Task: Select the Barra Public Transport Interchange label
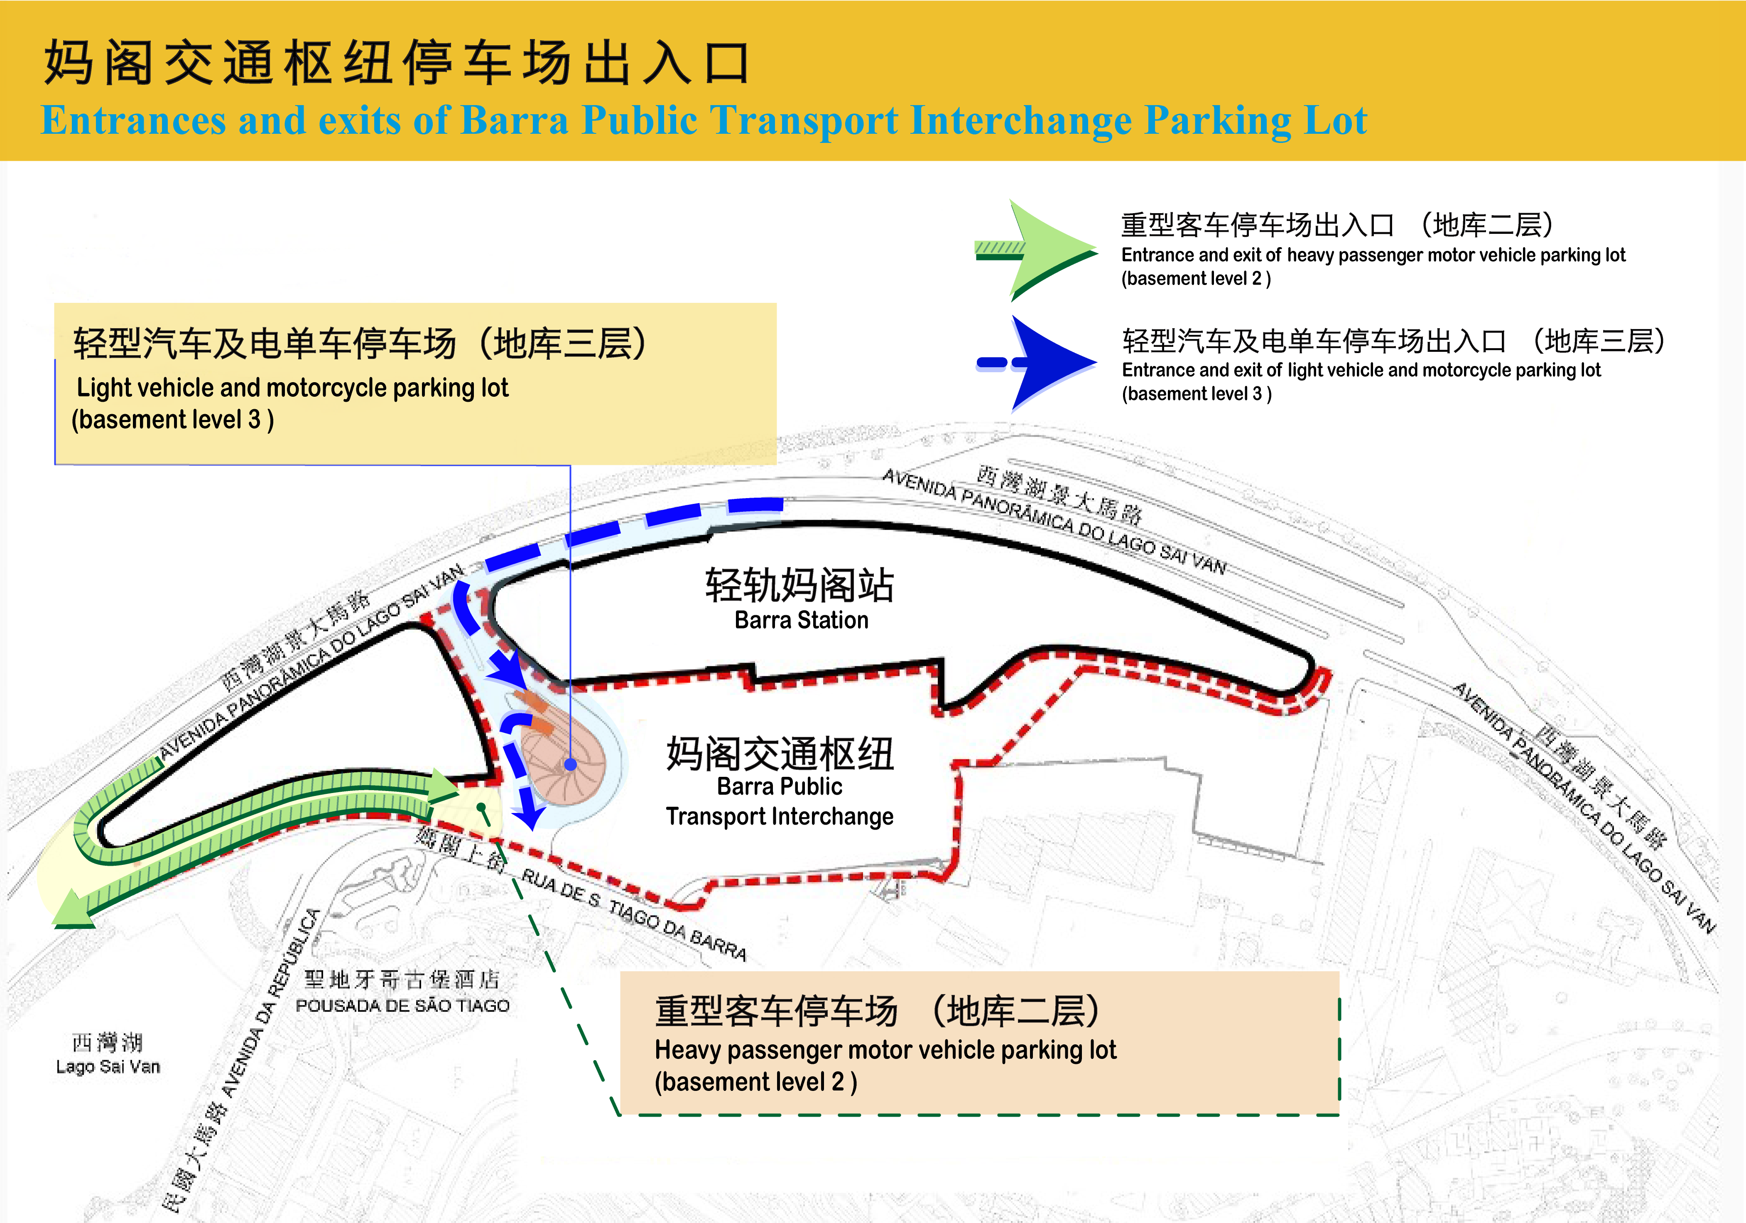[x=780, y=801]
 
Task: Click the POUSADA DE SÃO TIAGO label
[x=402, y=1005]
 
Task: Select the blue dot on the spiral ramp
[x=570, y=764]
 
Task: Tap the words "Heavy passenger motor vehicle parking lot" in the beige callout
[x=885, y=1050]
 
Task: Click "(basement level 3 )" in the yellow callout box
[x=173, y=419]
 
